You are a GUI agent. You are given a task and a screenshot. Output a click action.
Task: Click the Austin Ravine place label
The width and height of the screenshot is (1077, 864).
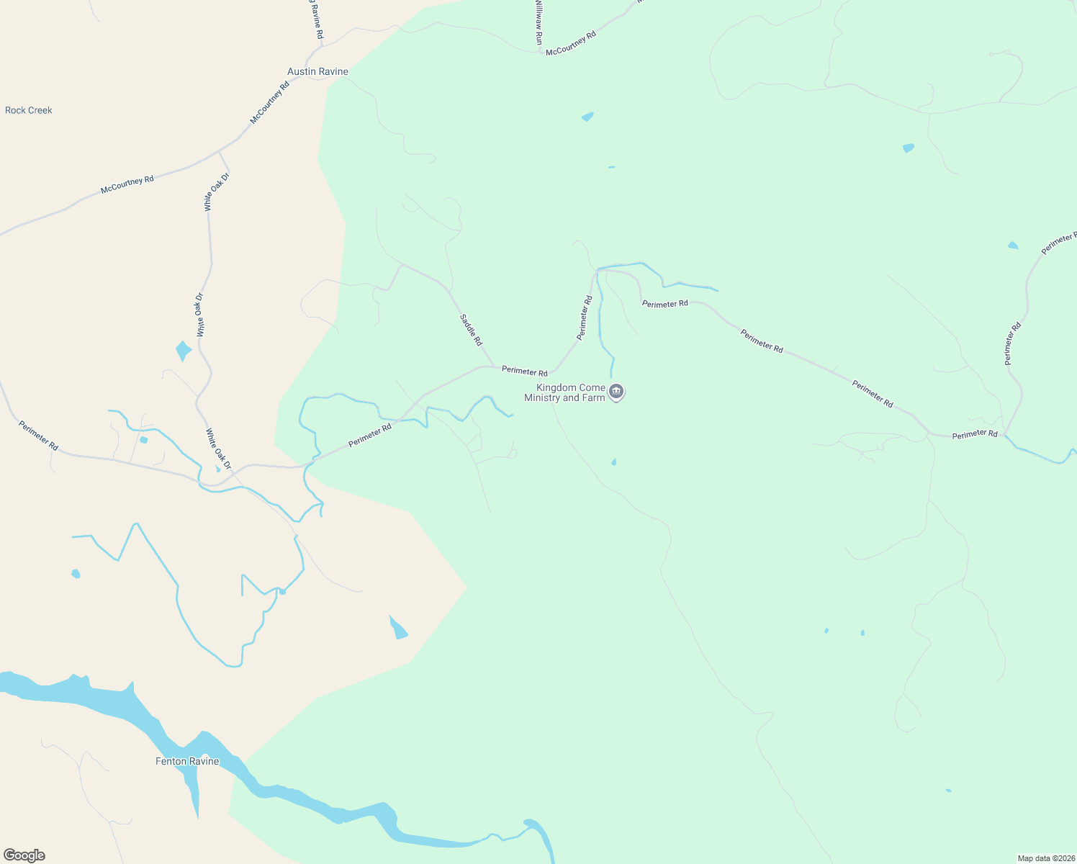pos(317,72)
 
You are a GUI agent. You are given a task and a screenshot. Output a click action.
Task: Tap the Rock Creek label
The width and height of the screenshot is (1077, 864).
pos(29,110)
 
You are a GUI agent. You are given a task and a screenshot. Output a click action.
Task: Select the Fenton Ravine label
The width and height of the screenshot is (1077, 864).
pos(187,762)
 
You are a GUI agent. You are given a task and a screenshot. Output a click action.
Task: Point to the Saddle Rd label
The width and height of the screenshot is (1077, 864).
pos(471,330)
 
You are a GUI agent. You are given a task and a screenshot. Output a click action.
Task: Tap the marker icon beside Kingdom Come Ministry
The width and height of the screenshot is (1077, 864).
pos(616,392)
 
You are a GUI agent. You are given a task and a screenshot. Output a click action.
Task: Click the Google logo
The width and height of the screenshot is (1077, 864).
pos(24,855)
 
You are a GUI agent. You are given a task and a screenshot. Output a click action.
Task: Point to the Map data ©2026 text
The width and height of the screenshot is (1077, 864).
pos(1045,858)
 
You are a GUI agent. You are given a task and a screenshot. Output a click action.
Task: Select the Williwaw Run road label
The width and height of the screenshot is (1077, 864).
pos(538,22)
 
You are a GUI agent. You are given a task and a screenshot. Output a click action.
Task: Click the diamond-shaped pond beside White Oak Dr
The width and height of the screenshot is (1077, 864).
pos(184,351)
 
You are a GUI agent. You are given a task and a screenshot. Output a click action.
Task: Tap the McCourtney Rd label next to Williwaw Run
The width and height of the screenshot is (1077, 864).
pos(571,43)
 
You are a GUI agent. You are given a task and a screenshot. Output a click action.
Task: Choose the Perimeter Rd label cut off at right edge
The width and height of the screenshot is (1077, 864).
pos(1058,243)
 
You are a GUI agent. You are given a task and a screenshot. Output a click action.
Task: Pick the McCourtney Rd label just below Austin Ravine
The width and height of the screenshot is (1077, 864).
pos(269,102)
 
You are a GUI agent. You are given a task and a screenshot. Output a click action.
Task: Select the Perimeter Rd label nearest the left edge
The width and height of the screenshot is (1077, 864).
pos(39,436)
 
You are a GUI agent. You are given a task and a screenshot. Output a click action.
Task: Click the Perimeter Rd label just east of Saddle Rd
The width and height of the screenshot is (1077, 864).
pos(524,372)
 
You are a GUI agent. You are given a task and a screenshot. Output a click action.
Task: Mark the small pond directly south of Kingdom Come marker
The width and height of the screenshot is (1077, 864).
pos(613,462)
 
